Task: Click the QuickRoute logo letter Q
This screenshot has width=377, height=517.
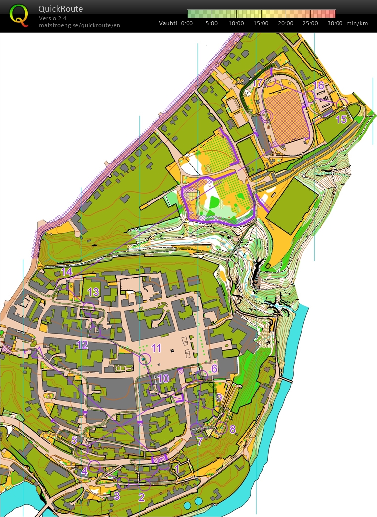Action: [x=19, y=15]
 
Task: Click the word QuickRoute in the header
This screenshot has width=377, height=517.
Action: [x=61, y=9]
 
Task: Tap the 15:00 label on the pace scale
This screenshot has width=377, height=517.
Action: [x=261, y=23]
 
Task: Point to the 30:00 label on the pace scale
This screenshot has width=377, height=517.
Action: [x=335, y=23]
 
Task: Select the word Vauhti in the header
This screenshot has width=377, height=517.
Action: [x=168, y=23]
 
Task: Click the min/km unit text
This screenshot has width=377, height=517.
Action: [x=357, y=23]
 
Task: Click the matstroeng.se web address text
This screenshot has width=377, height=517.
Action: [x=79, y=25]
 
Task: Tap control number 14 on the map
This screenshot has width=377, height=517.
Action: [x=67, y=272]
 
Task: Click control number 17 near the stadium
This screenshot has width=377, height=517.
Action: [x=257, y=82]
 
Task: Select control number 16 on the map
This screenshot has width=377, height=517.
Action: [x=319, y=86]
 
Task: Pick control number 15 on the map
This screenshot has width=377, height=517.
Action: [x=341, y=119]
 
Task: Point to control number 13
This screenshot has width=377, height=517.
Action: [x=93, y=292]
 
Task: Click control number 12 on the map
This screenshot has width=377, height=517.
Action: [x=82, y=345]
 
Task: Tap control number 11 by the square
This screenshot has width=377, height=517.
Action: [x=156, y=348]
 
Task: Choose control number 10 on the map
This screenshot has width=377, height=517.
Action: [x=163, y=378]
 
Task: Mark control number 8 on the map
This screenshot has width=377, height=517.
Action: [x=232, y=429]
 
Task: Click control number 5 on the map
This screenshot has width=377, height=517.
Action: [x=75, y=440]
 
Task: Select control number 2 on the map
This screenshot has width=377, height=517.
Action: [x=141, y=497]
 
